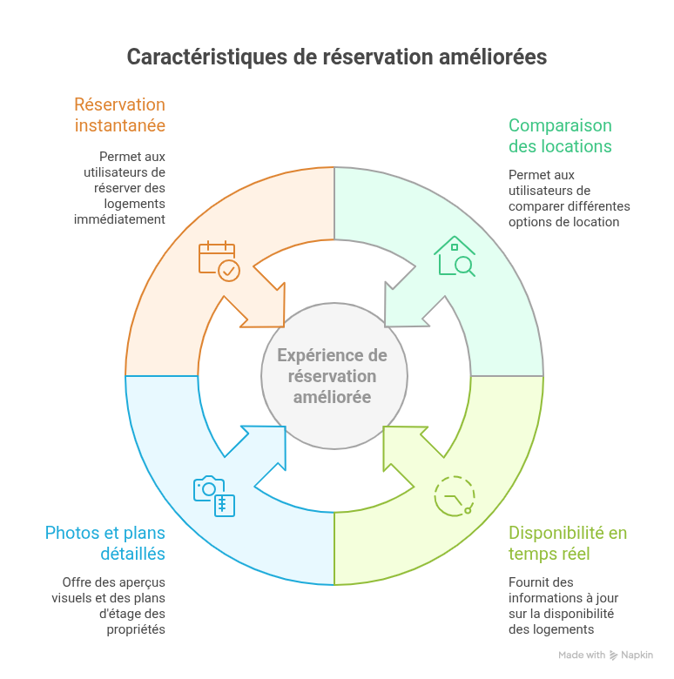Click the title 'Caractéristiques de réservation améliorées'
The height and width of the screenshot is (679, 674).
click(x=337, y=57)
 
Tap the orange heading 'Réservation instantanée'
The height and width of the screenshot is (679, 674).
click(x=119, y=115)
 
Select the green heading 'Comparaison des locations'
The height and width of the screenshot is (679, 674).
click(x=560, y=136)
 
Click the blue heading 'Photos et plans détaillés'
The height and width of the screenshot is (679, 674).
click(x=104, y=543)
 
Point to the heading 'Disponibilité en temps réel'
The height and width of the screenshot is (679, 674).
click(x=567, y=543)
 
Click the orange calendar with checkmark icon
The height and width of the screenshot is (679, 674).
click(x=218, y=260)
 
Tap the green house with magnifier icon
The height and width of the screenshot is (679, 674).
click(x=455, y=257)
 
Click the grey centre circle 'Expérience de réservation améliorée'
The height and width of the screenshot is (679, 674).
click(x=334, y=376)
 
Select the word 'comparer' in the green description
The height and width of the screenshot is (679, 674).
click(x=535, y=206)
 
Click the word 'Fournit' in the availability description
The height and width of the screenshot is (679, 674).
click(x=529, y=582)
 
